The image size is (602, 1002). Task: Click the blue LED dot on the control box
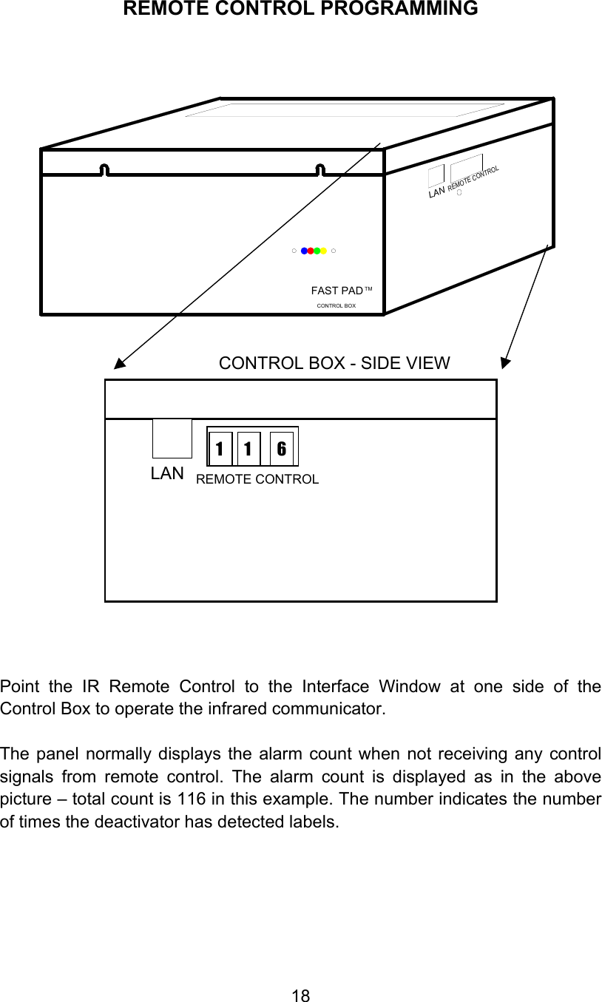tap(304, 251)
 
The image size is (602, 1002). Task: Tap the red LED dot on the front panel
tap(311, 251)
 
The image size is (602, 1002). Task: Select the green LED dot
tap(317, 251)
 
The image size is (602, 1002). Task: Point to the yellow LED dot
tap(324, 251)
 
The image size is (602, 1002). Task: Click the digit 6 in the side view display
tap(282, 449)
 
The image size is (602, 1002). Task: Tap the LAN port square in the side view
tap(172, 439)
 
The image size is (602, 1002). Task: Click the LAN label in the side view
tap(167, 474)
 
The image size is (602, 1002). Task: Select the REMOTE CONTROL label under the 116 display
tap(257, 479)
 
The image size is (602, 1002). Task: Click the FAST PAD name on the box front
tap(337, 291)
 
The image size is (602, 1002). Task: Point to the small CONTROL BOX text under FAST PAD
tap(336, 305)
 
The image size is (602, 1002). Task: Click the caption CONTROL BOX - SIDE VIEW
tap(334, 363)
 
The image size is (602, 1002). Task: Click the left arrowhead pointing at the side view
tap(118, 362)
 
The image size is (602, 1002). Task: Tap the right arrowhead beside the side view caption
tap(505, 362)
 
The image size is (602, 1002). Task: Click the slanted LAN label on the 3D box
tap(436, 192)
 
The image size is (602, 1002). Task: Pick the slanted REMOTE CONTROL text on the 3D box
tap(473, 180)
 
